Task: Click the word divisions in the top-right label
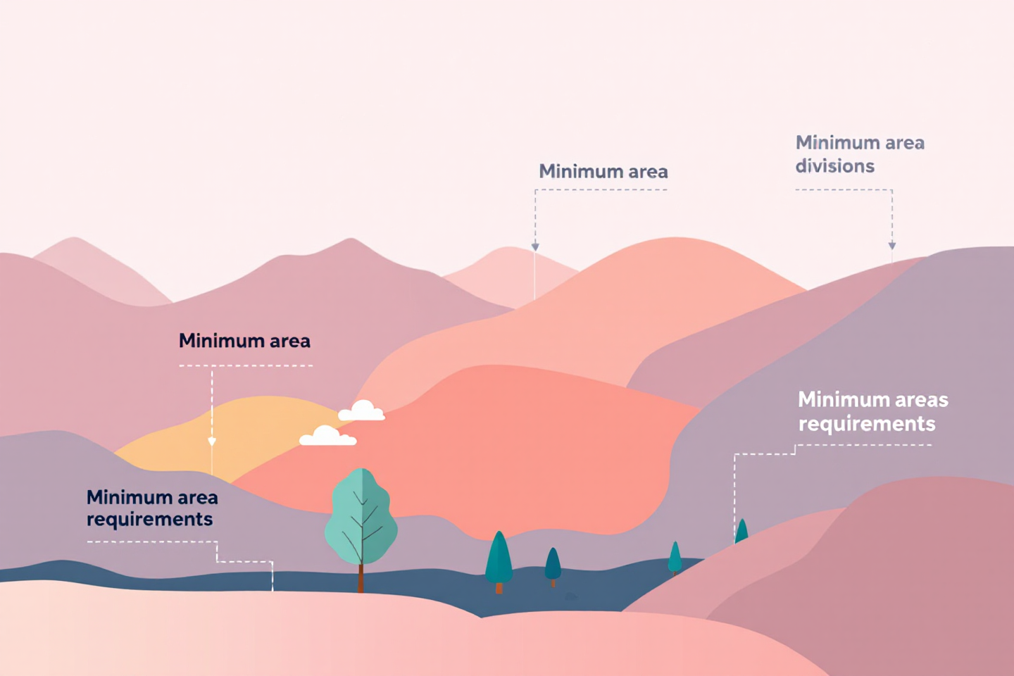834,166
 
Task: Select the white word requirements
867,424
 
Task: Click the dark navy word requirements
149,520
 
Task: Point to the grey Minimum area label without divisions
603,171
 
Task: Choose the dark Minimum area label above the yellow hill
244,341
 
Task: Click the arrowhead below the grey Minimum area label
535,246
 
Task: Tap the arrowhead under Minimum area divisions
892,246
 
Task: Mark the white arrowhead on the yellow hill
212,442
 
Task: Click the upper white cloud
362,411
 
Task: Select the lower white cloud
327,437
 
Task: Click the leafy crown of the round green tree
361,518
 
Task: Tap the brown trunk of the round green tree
361,579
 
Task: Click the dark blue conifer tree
553,563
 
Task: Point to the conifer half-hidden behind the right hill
741,531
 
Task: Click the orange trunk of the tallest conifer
499,588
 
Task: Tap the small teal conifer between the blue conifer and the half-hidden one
675,556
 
